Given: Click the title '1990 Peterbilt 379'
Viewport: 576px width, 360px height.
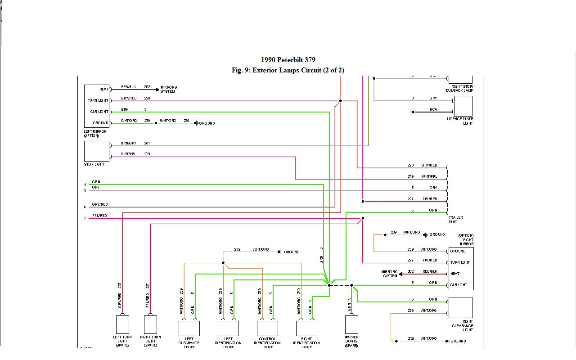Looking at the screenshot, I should pyautogui.click(x=288, y=60).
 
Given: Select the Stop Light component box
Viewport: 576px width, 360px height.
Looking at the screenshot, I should pyautogui.click(x=97, y=151).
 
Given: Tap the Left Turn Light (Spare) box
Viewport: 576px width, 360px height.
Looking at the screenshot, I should pyautogui.click(x=122, y=324).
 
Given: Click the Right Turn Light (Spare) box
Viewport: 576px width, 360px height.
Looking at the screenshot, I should pyautogui.click(x=150, y=324).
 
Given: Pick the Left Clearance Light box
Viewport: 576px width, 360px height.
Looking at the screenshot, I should pyautogui.click(x=189, y=328).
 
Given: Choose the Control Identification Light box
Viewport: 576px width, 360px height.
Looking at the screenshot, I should pyautogui.click(x=267, y=328).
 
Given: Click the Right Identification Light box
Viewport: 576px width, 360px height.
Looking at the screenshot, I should pyautogui.click(x=306, y=328).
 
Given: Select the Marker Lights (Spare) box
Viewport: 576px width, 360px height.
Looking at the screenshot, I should pyautogui.click(x=351, y=324).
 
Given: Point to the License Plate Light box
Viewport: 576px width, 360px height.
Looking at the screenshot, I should pyautogui.click(x=463, y=106).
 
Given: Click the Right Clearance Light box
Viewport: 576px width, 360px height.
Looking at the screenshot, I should pyautogui.click(x=460, y=307).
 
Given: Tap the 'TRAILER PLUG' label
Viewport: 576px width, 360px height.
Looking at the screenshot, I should pyautogui.click(x=455, y=220).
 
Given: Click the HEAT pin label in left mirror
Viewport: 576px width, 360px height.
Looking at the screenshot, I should pyautogui.click(x=104, y=89).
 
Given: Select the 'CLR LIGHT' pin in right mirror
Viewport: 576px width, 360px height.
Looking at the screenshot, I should pyautogui.click(x=459, y=285).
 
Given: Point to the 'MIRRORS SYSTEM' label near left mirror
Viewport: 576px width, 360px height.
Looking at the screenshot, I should pyautogui.click(x=168, y=90).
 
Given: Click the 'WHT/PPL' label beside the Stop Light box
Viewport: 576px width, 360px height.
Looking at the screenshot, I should pyautogui.click(x=128, y=154).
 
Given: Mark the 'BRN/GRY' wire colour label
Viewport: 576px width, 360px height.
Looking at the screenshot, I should pyautogui.click(x=128, y=143).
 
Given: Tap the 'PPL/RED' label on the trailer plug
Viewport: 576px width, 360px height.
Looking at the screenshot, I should pyautogui.click(x=429, y=199).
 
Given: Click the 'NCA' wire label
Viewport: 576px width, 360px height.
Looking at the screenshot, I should pyautogui.click(x=433, y=109).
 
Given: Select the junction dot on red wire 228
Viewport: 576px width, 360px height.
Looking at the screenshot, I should pyautogui.click(x=340, y=101).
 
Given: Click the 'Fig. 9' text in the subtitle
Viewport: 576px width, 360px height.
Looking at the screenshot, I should pyautogui.click(x=241, y=70).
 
